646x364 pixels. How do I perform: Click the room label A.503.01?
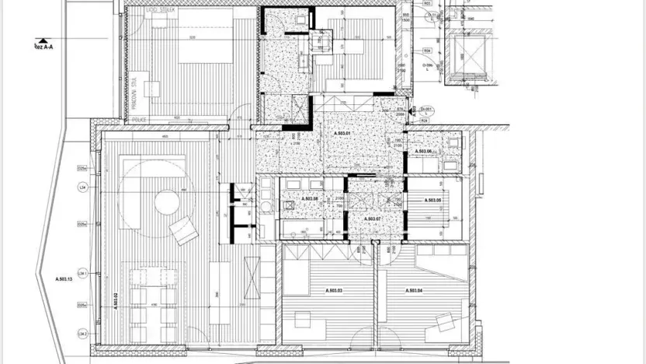(x=342, y=134)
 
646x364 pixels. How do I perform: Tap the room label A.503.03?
(x=333, y=290)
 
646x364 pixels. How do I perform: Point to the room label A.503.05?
(x=433, y=201)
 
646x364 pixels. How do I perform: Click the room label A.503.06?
(x=423, y=151)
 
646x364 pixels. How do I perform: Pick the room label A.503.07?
(x=374, y=219)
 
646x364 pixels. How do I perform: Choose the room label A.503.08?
(x=298, y=198)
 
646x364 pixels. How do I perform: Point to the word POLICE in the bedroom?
(x=140, y=120)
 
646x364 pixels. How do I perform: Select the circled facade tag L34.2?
(x=81, y=334)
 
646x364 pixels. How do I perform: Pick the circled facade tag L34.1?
(x=81, y=273)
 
